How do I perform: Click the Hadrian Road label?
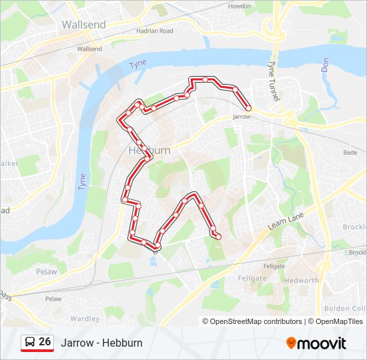point(155,31)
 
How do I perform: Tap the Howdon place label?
point(240,6)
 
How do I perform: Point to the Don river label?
point(325,65)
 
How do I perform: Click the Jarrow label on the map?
point(242,117)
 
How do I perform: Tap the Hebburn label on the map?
point(149,151)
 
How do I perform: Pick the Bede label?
point(350,153)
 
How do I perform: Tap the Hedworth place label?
point(301,281)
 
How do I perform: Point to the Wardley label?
point(85,319)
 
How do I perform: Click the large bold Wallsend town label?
point(83,24)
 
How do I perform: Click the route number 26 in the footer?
point(45,341)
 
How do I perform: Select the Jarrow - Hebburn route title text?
point(101,343)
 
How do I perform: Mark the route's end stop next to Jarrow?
point(248,108)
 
